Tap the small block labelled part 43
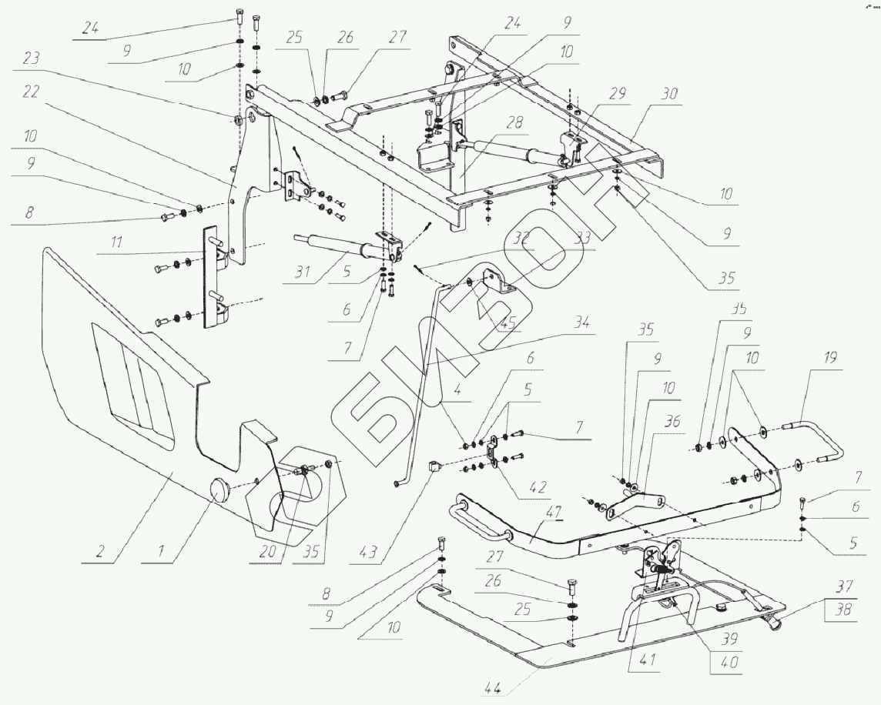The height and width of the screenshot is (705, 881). pyautogui.click(x=434, y=465)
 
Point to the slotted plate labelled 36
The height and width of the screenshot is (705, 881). pyautogui.click(x=633, y=504)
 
